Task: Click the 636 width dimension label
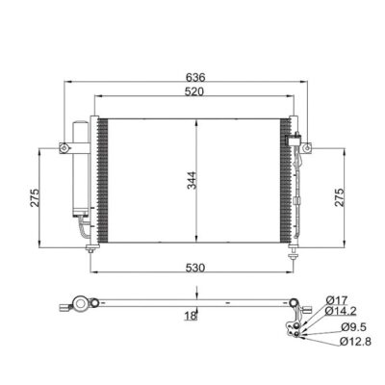(x=195, y=77)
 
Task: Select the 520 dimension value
(x=194, y=91)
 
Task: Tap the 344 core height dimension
(x=192, y=180)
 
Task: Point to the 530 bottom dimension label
(x=195, y=268)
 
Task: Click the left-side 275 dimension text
(x=35, y=197)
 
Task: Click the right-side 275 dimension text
(x=339, y=197)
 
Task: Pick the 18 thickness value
(x=191, y=316)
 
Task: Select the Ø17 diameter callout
(x=337, y=300)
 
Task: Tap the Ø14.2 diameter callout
(x=341, y=311)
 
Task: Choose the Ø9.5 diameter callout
(x=353, y=327)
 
